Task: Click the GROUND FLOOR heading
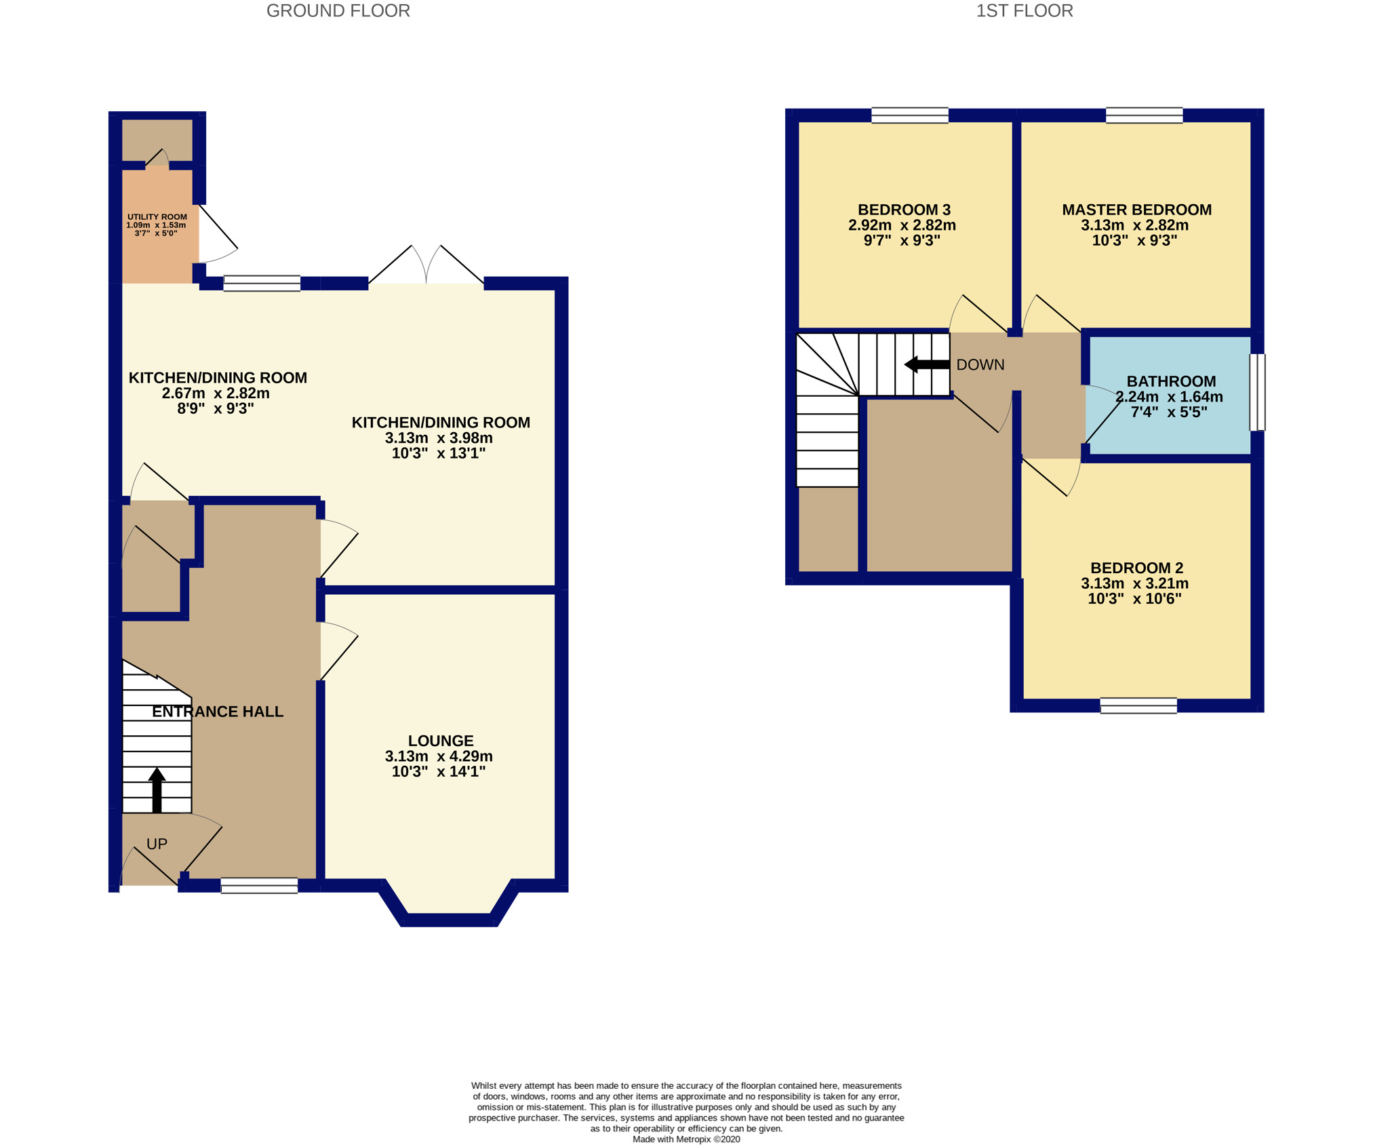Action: click(338, 11)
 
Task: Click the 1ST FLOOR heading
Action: click(1024, 11)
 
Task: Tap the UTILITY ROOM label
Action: click(157, 217)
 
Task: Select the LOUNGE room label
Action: click(440, 741)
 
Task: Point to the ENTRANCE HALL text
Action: click(217, 712)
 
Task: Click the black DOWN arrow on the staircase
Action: click(926, 364)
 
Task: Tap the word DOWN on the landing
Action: click(980, 365)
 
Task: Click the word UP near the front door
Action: click(157, 844)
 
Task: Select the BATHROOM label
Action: click(1171, 381)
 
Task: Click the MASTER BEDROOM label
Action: click(1136, 210)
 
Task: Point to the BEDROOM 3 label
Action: click(904, 210)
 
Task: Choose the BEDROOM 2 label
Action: click(1136, 568)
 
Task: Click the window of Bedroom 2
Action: click(1138, 706)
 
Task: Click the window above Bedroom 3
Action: click(909, 115)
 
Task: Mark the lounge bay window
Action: click(448, 919)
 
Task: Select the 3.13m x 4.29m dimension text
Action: click(439, 756)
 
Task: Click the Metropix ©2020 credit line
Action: click(685, 1139)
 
